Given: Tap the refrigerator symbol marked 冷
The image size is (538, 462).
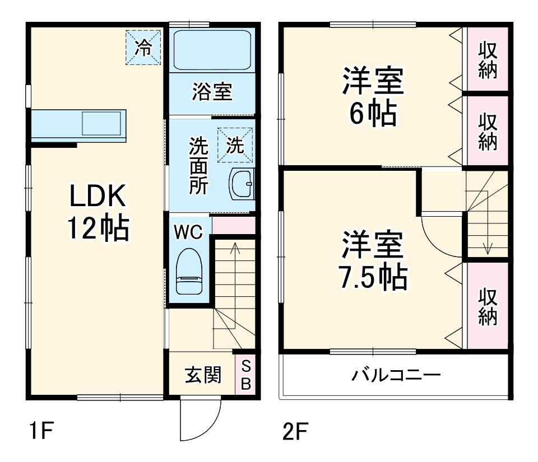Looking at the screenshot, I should [143, 47].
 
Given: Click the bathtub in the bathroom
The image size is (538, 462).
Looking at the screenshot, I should [212, 50].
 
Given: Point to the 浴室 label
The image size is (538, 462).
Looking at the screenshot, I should [212, 92].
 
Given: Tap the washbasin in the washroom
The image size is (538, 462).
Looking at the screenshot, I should [242, 183].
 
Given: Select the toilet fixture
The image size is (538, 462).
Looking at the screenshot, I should [189, 272].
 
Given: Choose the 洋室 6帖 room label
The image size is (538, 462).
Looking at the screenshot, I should [373, 97].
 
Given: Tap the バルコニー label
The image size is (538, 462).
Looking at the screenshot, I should [396, 375].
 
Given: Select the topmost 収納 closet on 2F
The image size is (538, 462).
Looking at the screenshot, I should [488, 59].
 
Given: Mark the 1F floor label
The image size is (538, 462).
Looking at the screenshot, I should [41, 432].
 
